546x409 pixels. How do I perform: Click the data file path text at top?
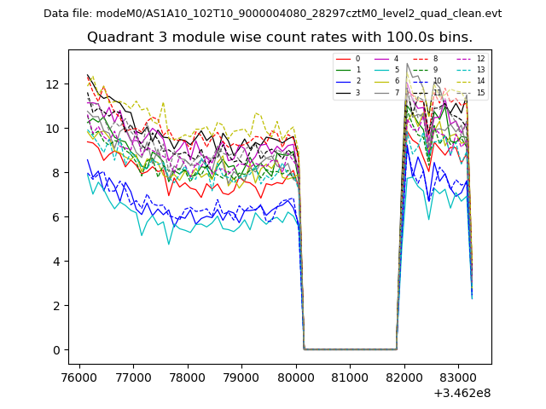272,14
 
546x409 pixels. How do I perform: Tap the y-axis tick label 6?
56,217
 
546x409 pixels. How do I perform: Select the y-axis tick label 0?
56,350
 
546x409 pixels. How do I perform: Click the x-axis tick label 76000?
79,375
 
